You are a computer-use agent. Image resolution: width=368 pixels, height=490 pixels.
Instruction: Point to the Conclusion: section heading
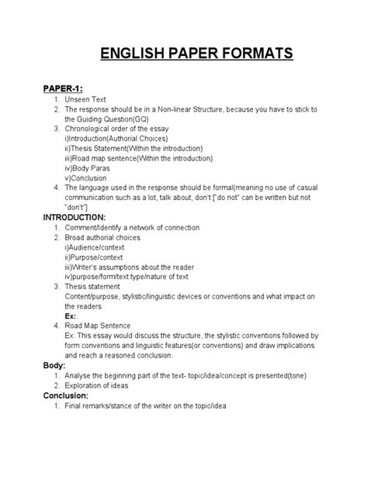[x=71, y=395]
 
